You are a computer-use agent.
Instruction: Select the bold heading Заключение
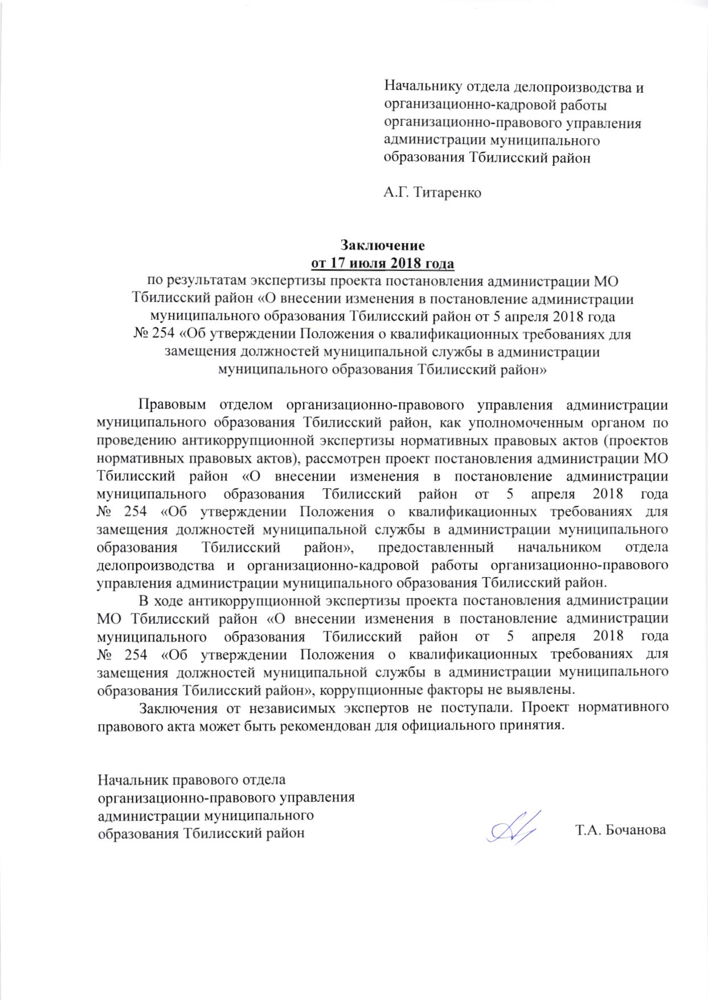click(x=382, y=246)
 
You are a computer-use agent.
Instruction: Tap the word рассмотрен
click(x=374, y=458)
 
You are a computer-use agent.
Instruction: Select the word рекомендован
click(x=327, y=726)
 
